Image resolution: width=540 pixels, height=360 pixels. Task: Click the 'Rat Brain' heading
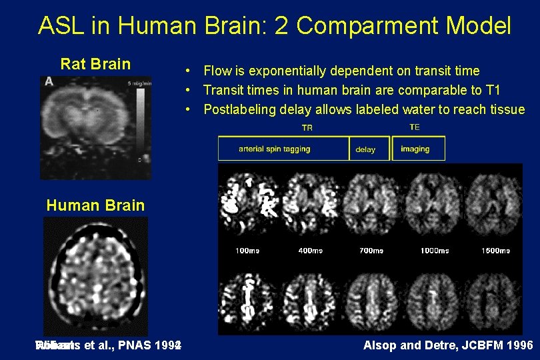point(95,64)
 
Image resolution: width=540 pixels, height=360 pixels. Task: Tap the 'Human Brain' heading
point(95,205)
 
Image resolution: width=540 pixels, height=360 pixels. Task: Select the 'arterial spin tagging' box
point(275,149)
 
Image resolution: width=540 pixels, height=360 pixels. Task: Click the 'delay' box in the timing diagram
point(365,149)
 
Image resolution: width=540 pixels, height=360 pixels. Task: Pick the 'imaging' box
point(415,149)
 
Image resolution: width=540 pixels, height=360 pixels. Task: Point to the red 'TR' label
point(307,127)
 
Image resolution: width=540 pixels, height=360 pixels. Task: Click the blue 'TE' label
point(415,127)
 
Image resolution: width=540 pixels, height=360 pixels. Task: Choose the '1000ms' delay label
point(434,251)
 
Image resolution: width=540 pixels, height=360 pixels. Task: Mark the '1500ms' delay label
point(495,251)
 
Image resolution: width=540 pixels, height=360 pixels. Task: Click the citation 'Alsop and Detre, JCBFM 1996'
point(447,345)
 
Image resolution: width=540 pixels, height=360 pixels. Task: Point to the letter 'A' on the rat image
point(49,81)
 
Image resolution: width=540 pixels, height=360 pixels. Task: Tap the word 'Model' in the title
point(478,26)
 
